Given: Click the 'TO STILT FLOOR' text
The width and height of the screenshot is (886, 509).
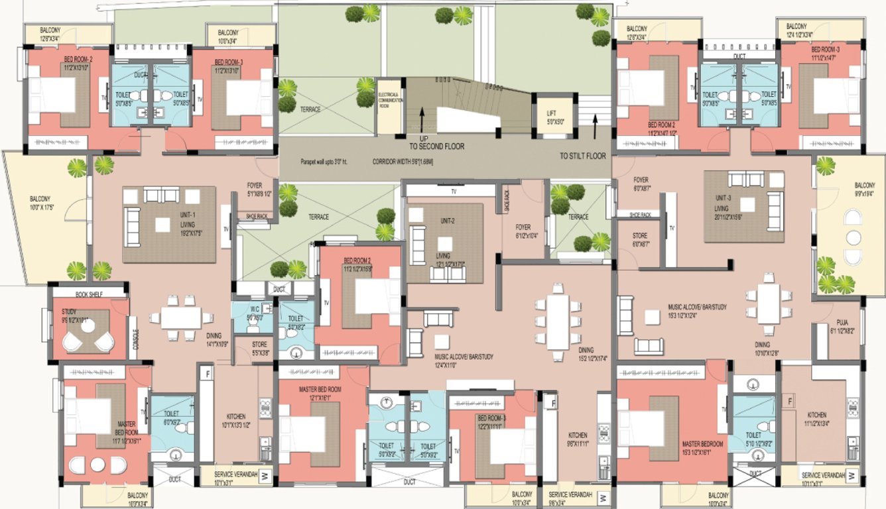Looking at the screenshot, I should pos(583,156).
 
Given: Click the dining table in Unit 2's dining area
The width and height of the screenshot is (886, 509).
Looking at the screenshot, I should pos(557,322).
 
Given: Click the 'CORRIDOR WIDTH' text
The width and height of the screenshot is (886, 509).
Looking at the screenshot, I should pos(403,162).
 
